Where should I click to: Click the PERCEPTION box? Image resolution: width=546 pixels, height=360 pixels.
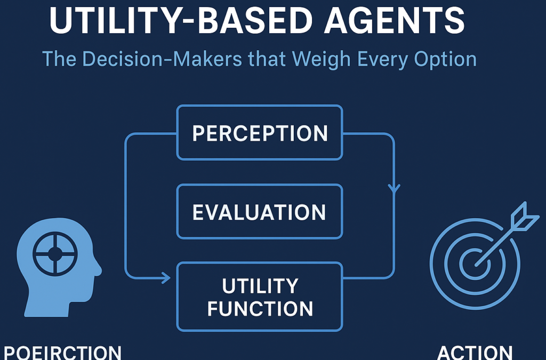point(260,133)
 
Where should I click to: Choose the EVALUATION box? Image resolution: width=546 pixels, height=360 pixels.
point(260,212)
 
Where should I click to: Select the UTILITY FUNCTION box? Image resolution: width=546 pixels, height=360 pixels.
point(260,297)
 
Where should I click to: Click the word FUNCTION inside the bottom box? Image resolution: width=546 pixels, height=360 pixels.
point(260,309)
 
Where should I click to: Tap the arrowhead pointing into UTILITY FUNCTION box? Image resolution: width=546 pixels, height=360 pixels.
point(166,278)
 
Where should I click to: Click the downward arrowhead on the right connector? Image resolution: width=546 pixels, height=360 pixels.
point(394,189)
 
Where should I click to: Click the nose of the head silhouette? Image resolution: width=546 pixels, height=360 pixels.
point(98,269)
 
